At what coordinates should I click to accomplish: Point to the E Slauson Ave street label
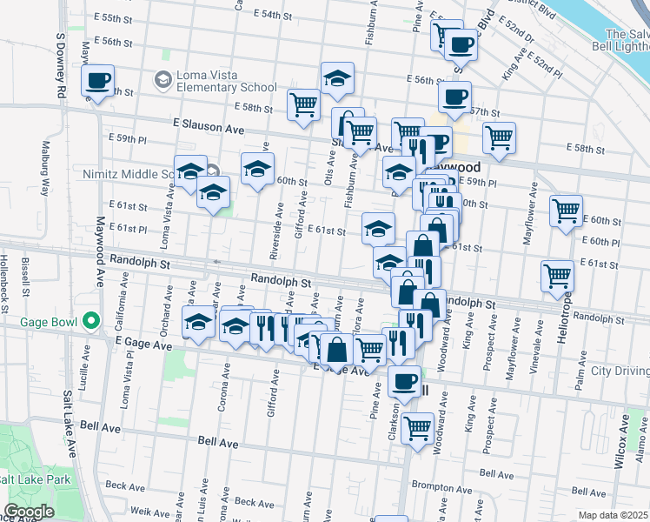pyautogui.click(x=209, y=127)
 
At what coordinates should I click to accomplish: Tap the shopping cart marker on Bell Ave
pyautogui.click(x=418, y=429)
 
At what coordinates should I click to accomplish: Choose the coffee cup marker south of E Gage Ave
pyautogui.click(x=404, y=380)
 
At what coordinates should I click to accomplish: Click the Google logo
pyautogui.click(x=30, y=512)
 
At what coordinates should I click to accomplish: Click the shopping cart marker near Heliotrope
pyautogui.click(x=557, y=276)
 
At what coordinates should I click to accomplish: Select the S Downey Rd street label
pyautogui.click(x=60, y=65)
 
